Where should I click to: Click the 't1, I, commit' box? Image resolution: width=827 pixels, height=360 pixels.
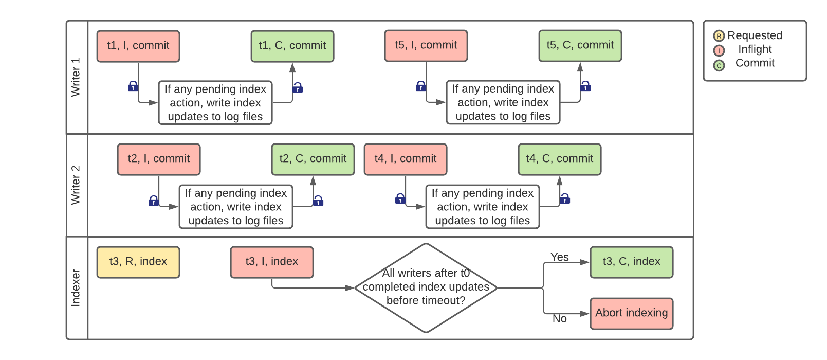138,46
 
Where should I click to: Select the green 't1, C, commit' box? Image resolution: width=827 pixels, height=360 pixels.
292,46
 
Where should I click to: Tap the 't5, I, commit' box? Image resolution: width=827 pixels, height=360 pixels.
426,45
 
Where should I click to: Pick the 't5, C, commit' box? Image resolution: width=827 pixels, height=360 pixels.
580,45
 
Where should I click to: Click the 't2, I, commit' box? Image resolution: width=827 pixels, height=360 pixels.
158,159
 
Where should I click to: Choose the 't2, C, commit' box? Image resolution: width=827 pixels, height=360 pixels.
313,159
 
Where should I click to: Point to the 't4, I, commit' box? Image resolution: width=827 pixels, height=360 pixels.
405,159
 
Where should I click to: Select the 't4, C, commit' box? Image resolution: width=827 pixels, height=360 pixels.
559,159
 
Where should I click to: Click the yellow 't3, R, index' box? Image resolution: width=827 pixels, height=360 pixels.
138,262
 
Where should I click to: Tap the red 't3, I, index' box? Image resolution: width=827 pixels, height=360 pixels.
271,262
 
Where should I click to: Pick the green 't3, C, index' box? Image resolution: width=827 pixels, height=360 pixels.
631,262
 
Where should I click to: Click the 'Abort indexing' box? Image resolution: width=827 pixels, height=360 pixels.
631,313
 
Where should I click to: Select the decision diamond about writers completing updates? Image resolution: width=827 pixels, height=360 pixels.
426,287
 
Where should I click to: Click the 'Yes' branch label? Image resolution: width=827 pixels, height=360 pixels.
559,257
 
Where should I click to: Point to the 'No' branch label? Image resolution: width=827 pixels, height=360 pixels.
559,319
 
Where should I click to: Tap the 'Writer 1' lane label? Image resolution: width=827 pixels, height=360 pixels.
76,77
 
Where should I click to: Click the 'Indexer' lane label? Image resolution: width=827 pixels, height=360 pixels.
76,288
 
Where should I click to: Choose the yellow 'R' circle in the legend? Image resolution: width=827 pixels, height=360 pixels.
719,36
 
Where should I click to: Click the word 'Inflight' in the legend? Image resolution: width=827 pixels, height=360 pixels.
755,49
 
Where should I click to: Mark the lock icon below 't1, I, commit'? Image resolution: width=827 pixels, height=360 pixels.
133,86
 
